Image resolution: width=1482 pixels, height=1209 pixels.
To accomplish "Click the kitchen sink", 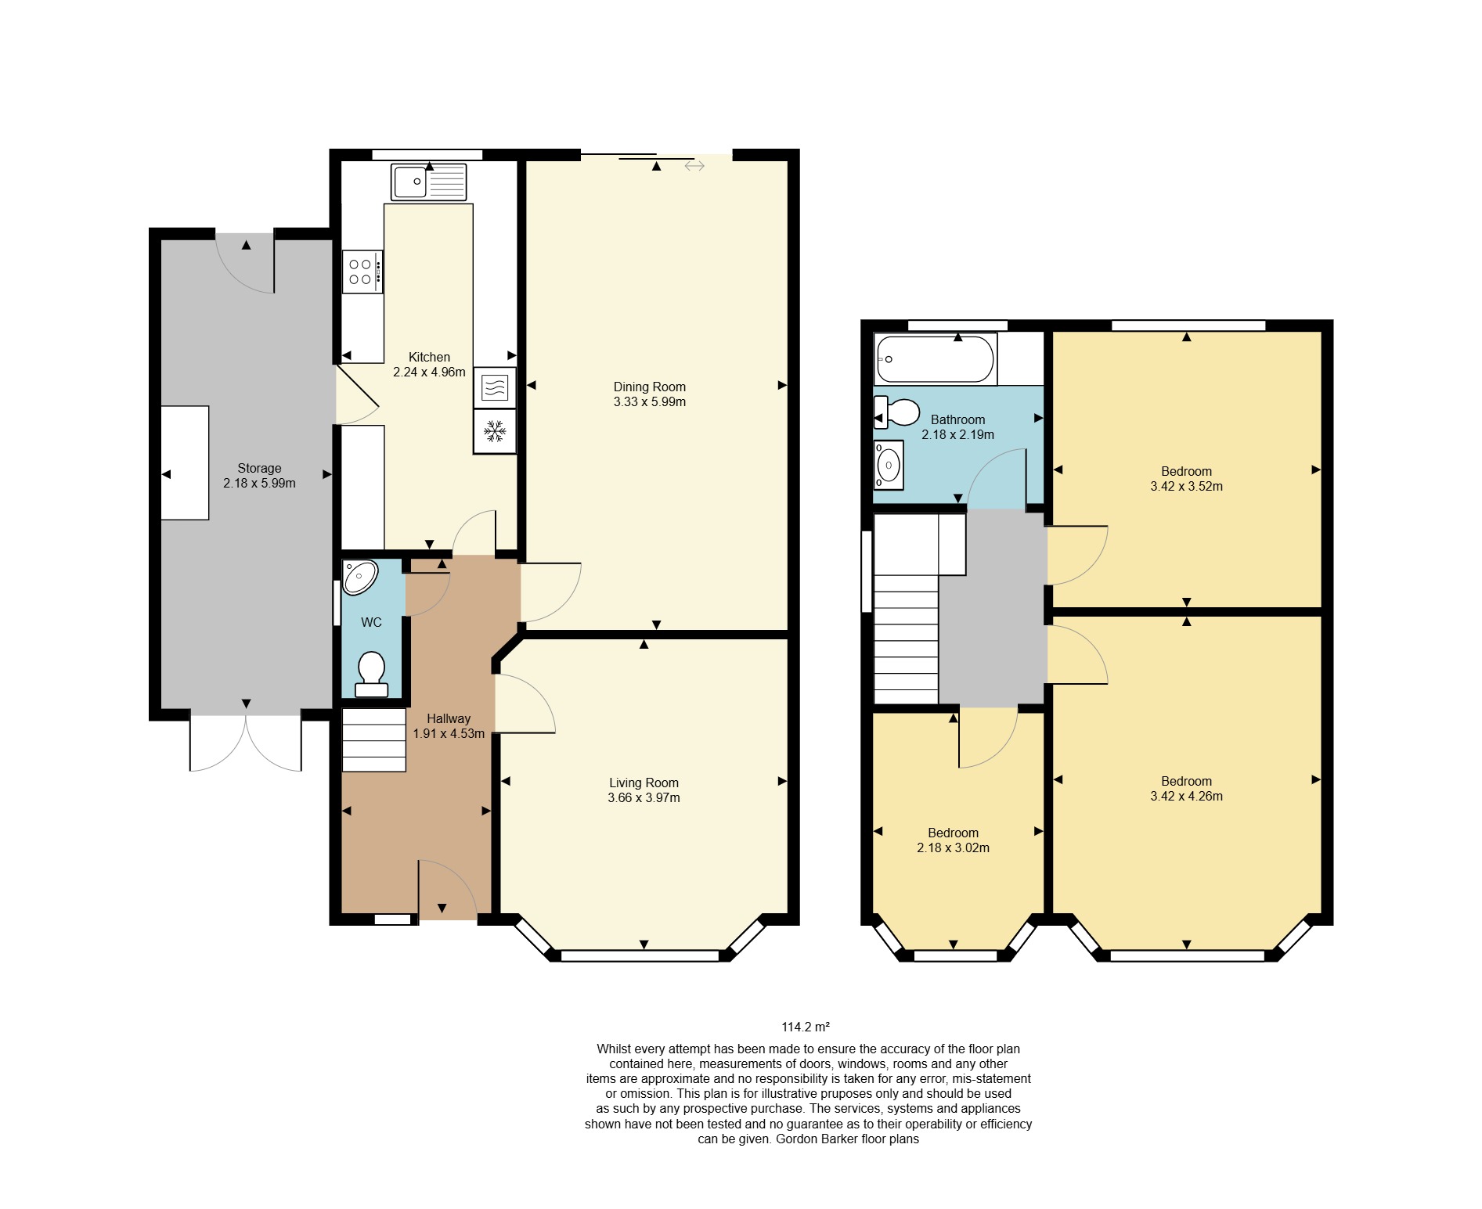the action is (428, 182).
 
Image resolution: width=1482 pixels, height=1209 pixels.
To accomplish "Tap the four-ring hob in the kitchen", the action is (362, 272).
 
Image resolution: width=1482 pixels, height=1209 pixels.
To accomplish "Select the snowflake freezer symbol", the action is (495, 431).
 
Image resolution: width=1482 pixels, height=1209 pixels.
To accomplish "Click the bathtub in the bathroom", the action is (936, 359).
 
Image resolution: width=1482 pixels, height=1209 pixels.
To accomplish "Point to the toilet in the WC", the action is (372, 675).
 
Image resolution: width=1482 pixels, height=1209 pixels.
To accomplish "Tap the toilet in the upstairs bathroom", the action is (896, 412).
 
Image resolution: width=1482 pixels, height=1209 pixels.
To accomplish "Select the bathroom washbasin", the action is (889, 465).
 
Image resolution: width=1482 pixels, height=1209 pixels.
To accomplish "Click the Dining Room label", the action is (650, 387).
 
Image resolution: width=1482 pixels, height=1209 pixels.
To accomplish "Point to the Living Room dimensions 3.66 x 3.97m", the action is (644, 798).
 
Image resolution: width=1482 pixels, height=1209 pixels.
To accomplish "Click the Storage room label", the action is (260, 468).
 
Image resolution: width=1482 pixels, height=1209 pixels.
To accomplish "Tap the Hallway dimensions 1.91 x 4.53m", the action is (449, 734).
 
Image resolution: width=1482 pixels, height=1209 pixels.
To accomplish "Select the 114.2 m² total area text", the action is (806, 1027).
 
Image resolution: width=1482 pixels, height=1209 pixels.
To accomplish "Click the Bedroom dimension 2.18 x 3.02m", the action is (954, 848).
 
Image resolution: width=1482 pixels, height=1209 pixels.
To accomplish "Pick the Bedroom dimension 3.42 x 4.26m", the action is (1187, 797).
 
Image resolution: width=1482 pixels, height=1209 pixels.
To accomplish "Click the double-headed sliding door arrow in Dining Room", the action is (694, 166).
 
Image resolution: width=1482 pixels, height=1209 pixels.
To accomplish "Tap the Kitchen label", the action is (430, 357).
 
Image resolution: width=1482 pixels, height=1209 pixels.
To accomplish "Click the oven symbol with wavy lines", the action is (495, 387).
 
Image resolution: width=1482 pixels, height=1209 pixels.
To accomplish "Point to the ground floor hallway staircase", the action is (374, 739).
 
